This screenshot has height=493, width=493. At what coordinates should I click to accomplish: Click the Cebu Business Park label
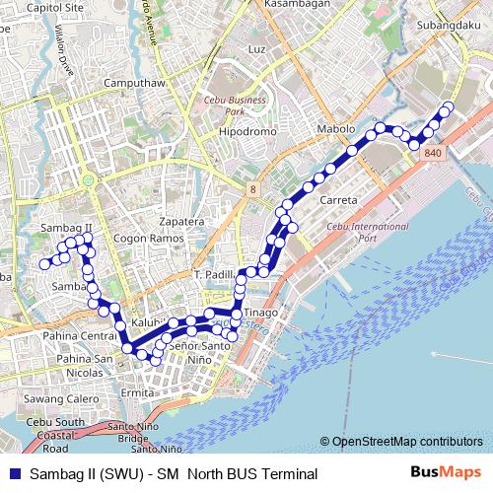click(236, 106)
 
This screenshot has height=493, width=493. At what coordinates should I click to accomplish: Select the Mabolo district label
click(335, 129)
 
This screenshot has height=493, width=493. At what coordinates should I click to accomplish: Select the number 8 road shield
click(253, 187)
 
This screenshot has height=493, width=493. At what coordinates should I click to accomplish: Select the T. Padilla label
click(214, 273)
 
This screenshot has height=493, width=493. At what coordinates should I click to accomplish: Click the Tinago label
click(261, 314)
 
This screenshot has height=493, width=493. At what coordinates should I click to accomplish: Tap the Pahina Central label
click(80, 336)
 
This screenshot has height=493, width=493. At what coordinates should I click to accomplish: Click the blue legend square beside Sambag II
click(15, 474)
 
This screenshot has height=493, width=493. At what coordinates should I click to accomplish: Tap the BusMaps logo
click(446, 473)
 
